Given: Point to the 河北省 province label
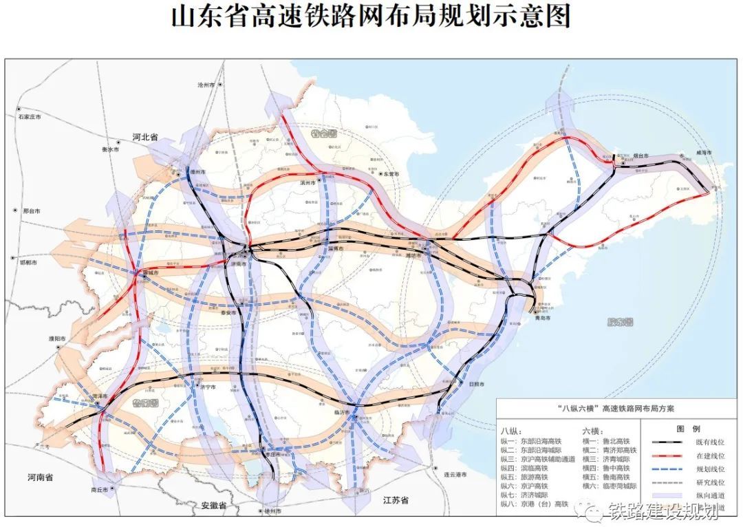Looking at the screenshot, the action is coord(145,137).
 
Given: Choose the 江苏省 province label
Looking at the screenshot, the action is coord(396,500).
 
